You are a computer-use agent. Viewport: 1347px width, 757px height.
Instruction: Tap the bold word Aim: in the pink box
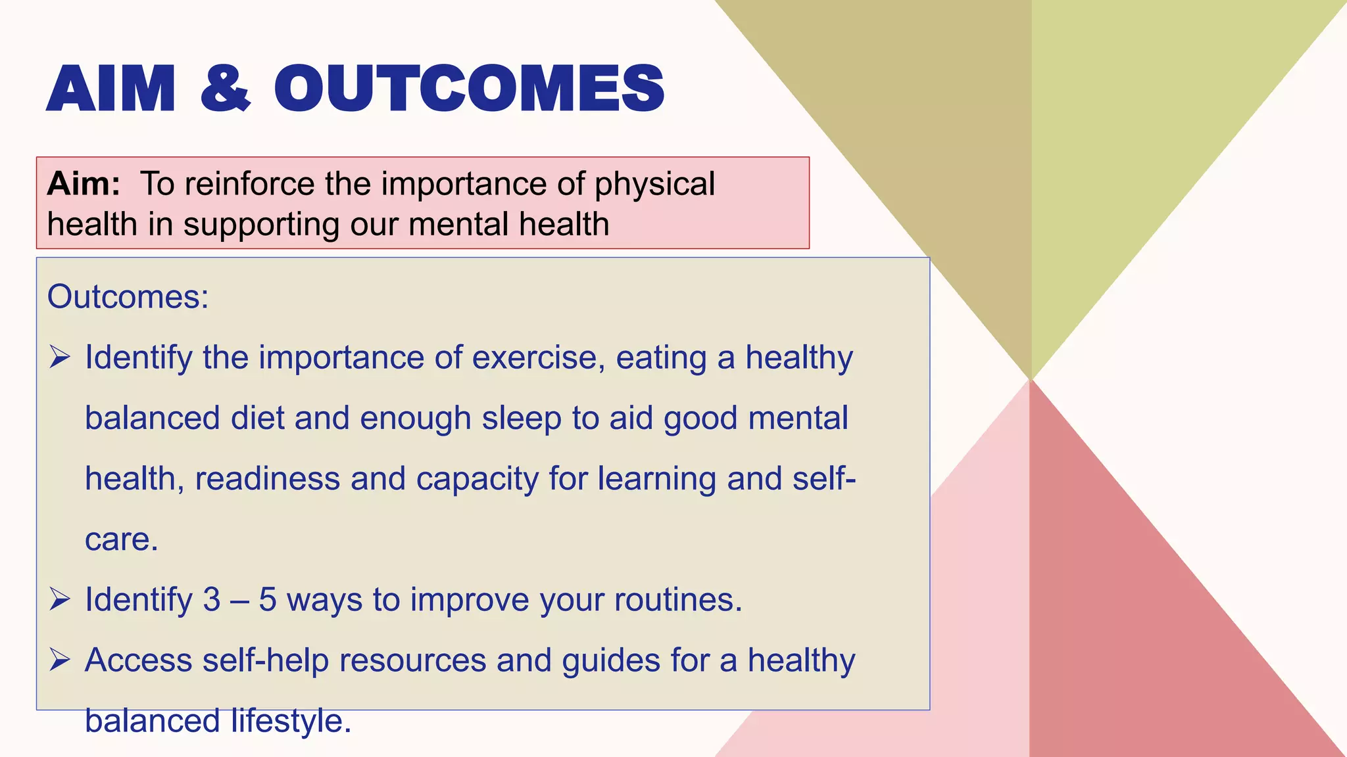point(84,183)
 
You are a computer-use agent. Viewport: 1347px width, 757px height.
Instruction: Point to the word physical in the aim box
point(654,185)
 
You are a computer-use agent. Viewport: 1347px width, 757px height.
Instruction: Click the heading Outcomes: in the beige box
point(128,297)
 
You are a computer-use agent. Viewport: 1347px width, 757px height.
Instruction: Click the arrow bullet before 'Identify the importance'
point(60,357)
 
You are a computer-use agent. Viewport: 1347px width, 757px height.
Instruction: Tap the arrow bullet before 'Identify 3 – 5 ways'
point(60,599)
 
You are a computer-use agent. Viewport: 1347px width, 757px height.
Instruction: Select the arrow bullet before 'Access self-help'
point(60,660)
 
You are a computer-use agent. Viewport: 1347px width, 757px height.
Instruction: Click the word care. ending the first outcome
point(122,540)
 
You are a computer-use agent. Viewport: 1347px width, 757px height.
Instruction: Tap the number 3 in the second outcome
point(212,599)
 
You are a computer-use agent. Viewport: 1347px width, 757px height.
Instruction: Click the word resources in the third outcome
point(412,660)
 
